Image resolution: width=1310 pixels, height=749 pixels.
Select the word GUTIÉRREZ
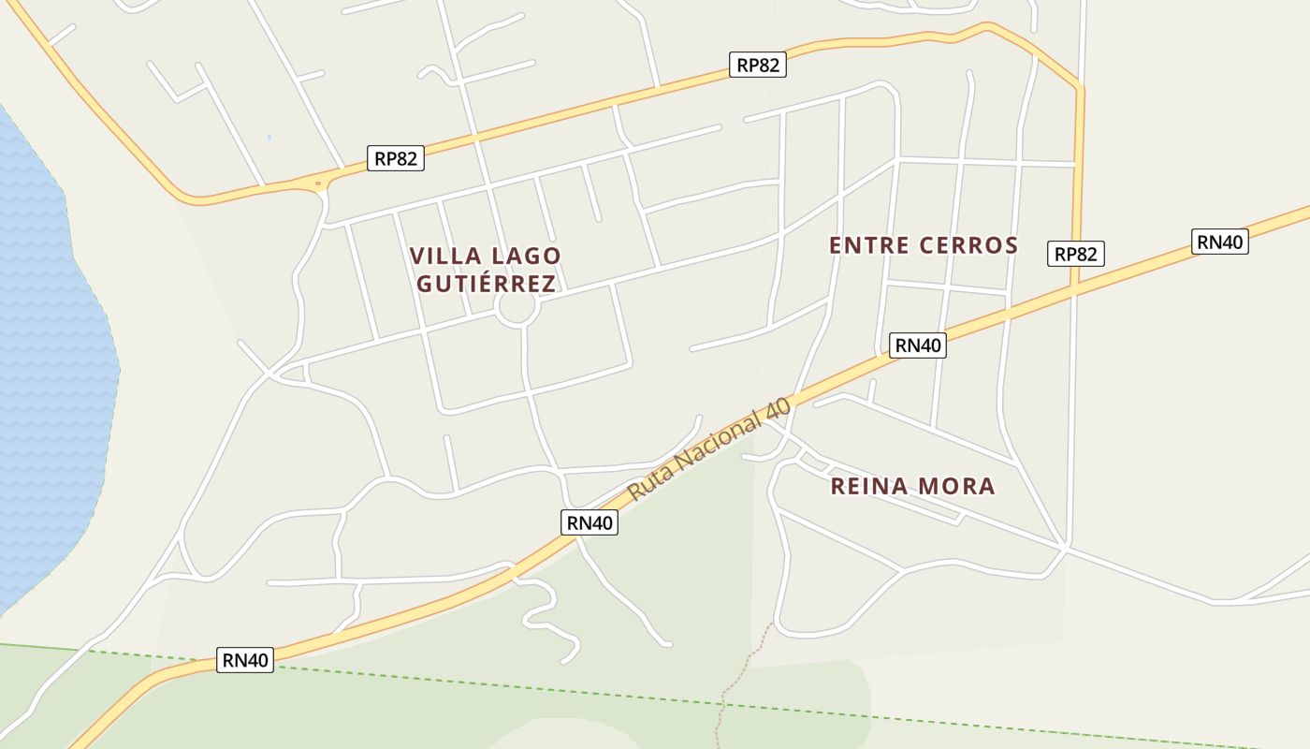[x=486, y=284]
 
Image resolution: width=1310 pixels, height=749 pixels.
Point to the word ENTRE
[x=869, y=245]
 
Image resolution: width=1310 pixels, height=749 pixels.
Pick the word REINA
[x=869, y=486]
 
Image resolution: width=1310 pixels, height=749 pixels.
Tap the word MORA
[x=957, y=486]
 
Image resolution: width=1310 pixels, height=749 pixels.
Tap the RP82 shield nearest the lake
[x=395, y=158]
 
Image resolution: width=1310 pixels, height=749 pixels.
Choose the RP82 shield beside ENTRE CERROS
[x=1075, y=254]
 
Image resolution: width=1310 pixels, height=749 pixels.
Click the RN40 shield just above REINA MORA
[x=918, y=345]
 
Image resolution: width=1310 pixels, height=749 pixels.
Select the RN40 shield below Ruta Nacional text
[x=589, y=522]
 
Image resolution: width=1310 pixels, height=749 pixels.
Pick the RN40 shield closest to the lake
[x=245, y=660]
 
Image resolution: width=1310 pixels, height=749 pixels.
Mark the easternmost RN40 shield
[x=1220, y=242]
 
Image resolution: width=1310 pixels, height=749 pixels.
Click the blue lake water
[x=47, y=374]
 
